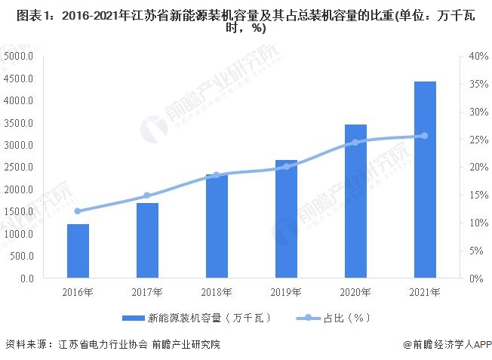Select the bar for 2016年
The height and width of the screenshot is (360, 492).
click(78, 251)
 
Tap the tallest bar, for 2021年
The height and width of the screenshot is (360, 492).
click(425, 180)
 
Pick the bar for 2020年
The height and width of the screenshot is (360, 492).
click(355, 202)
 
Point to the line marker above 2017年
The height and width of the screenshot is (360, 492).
click(147, 195)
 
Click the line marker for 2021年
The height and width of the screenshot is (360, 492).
click(424, 136)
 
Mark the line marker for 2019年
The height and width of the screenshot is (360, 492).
click(286, 166)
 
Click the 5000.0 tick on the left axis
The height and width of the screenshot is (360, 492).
click(18, 57)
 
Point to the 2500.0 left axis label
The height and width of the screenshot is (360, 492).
click(18, 168)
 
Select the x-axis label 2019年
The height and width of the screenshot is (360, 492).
click(286, 292)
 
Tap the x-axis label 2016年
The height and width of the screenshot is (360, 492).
click(78, 292)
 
